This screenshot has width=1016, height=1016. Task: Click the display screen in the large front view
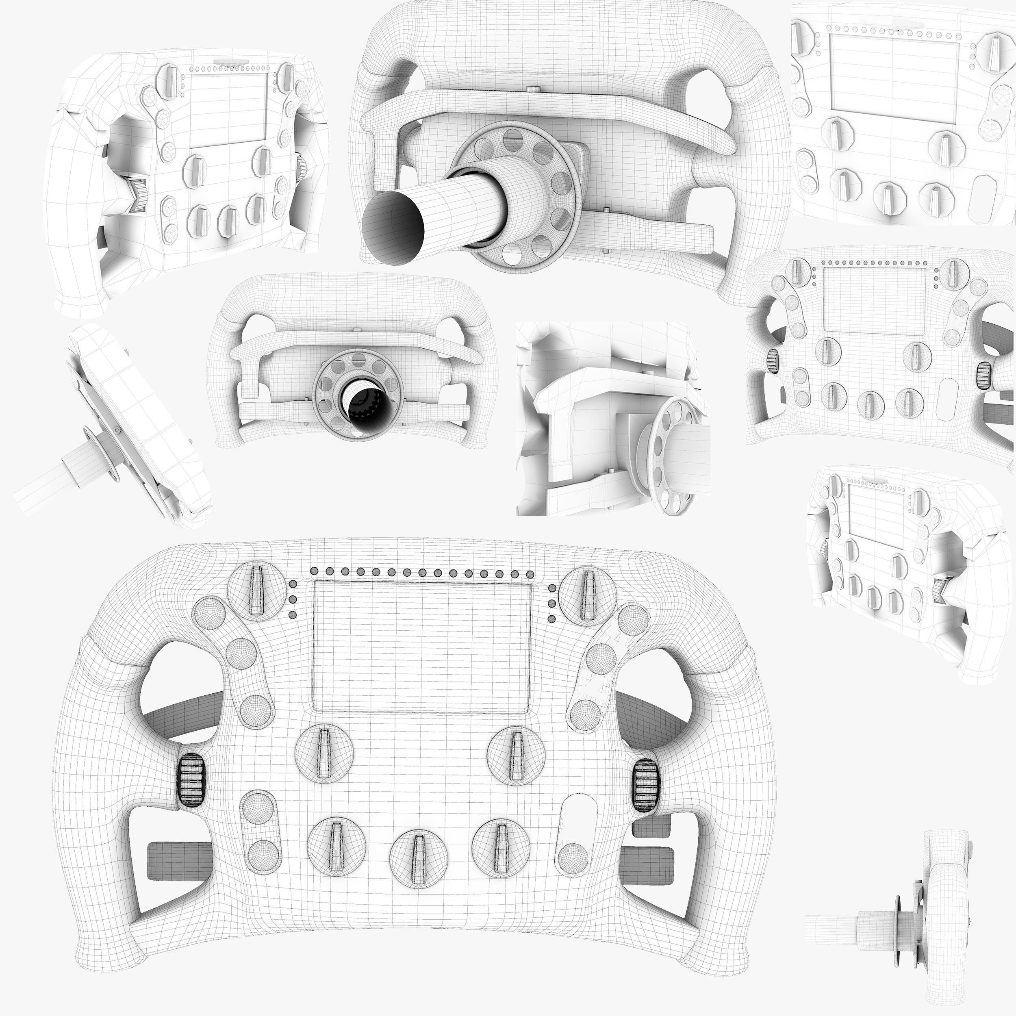(x=421, y=647)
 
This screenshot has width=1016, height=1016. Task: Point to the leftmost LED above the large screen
(x=315, y=571)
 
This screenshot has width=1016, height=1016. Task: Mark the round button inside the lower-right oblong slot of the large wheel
(x=572, y=858)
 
